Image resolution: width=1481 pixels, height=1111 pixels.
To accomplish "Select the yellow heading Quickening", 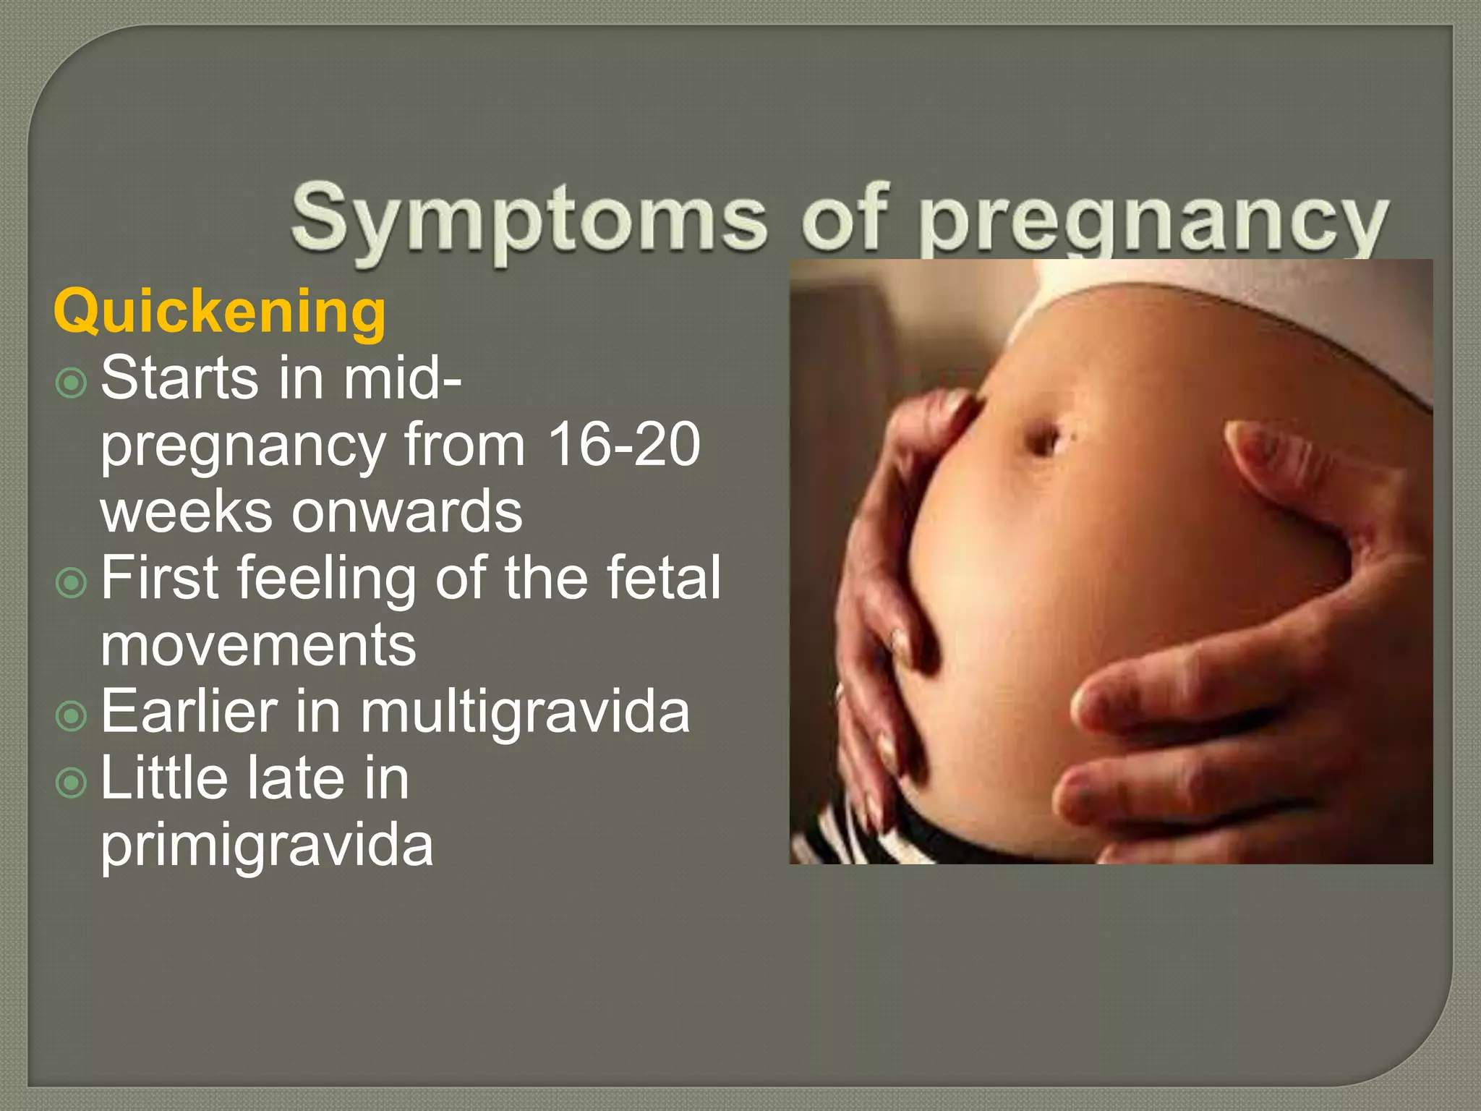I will coord(220,312).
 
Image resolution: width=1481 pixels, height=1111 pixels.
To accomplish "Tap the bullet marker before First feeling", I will coord(71,582).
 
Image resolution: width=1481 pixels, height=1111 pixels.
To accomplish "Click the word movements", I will coord(258,645).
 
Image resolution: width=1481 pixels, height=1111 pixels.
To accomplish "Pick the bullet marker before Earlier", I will coord(71,716).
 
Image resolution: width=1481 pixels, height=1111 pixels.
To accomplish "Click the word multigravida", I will coord(525,712).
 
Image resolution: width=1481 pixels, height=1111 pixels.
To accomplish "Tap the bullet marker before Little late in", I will coord(71,782).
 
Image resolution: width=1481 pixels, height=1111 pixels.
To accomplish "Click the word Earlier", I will coord(189,712).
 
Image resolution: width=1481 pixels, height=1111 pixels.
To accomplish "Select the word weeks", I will coord(186,511).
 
